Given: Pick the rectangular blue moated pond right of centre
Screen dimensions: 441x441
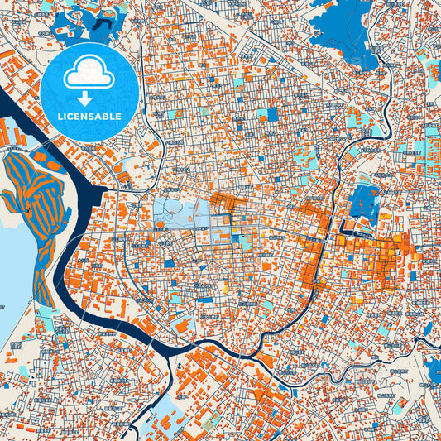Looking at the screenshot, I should [x=364, y=202].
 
